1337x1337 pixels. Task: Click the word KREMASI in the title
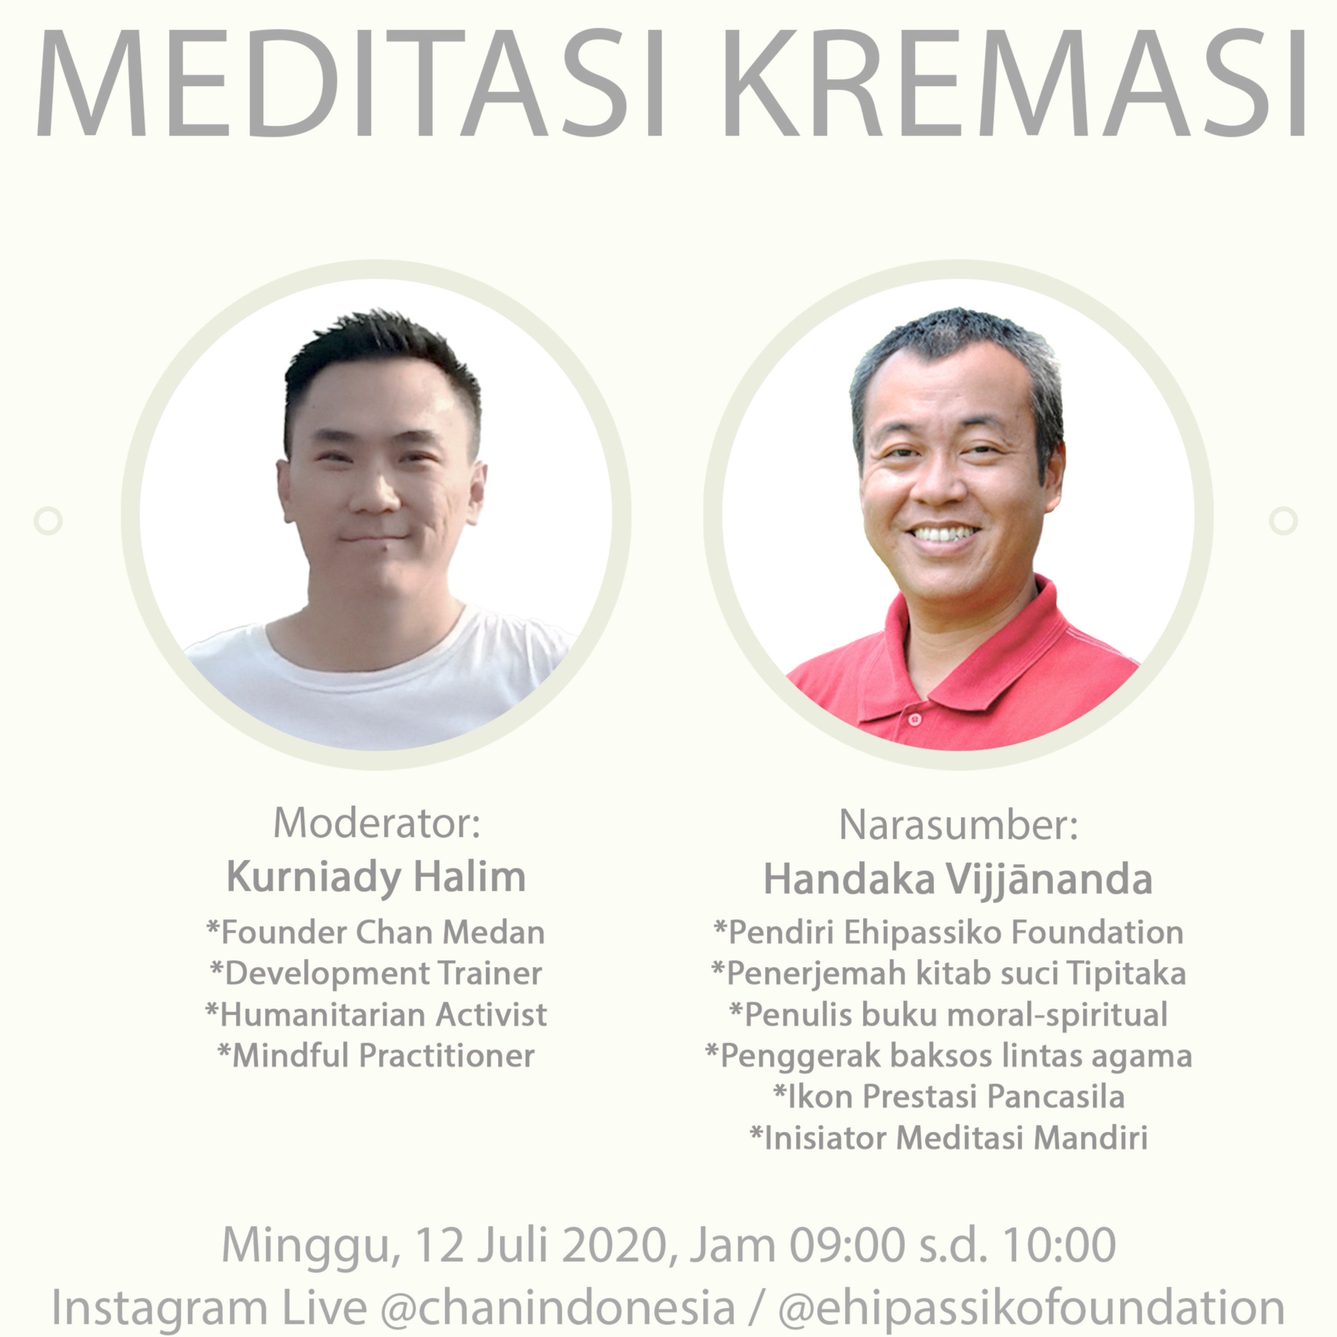click(x=1014, y=83)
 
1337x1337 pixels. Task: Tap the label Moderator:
click(x=377, y=823)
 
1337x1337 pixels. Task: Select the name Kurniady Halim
click(x=377, y=877)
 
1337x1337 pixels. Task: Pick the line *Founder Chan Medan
click(x=376, y=932)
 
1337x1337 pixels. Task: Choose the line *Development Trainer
click(x=376, y=974)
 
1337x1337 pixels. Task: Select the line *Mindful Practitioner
click(x=376, y=1056)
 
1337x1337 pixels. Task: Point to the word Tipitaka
click(x=1126, y=974)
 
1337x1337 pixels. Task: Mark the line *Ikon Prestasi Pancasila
click(x=949, y=1097)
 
